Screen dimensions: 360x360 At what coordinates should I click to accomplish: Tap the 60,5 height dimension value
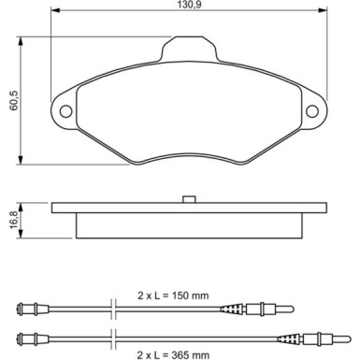pyautogui.click(x=10, y=98)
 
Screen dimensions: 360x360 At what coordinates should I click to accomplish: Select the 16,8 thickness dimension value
pyautogui.click(x=10, y=219)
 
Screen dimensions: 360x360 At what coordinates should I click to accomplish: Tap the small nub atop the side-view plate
pyautogui.click(x=188, y=197)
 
